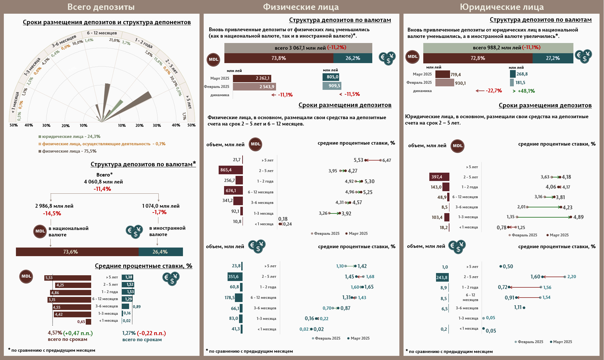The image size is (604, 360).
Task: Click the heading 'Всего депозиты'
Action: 101,7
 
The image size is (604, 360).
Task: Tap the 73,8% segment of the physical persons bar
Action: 279,58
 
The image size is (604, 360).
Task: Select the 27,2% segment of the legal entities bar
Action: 552,58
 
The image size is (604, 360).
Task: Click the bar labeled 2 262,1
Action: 252,78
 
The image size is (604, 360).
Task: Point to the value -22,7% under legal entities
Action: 493,91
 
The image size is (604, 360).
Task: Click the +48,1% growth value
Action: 526,91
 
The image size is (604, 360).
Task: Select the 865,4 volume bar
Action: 230,170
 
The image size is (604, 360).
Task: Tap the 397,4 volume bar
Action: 439,177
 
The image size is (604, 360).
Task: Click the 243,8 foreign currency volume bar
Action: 442,277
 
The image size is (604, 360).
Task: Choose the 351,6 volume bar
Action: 235,277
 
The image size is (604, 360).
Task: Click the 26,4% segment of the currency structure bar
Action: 160,252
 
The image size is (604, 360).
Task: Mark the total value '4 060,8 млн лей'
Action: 103,182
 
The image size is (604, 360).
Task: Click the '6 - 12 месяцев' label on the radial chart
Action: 102,33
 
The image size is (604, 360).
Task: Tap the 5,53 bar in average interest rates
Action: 68,278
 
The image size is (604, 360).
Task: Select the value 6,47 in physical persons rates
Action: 386,160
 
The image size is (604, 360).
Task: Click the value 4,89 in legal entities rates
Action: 578,217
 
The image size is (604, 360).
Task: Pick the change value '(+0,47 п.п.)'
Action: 78,333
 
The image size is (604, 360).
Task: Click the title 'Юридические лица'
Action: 501,7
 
